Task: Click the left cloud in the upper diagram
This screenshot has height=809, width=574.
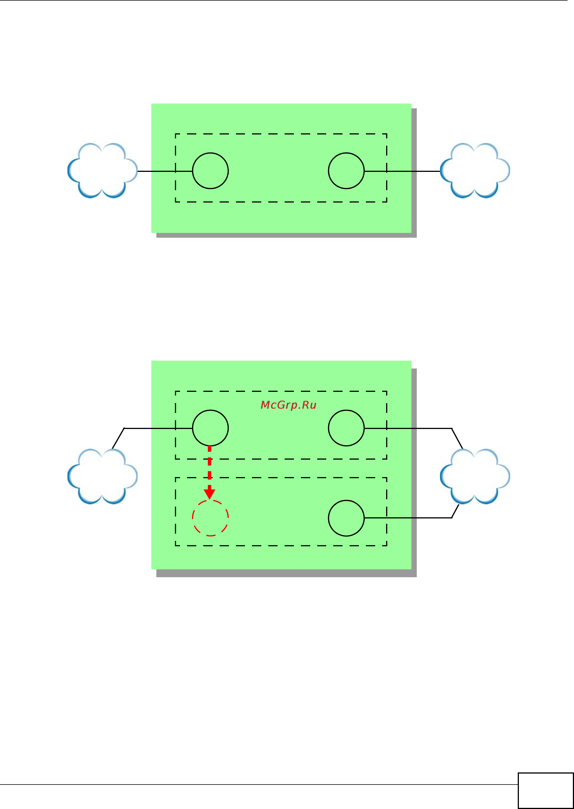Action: [x=102, y=170]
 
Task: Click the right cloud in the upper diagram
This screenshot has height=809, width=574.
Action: [x=475, y=170]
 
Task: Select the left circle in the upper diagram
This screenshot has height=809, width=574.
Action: [x=210, y=171]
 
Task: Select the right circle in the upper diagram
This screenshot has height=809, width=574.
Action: [x=346, y=171]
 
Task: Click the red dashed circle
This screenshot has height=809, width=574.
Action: [x=210, y=518]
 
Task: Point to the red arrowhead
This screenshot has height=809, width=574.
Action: [x=210, y=493]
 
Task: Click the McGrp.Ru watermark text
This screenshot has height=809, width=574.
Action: [x=288, y=405]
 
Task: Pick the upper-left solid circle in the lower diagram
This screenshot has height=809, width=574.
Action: [x=210, y=428]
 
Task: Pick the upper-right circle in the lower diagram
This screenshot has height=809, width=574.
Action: [x=346, y=428]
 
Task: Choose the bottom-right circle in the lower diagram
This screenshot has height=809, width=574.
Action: [x=346, y=518]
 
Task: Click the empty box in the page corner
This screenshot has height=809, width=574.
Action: [x=545, y=791]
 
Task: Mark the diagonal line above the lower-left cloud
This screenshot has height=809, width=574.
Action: [x=118, y=439]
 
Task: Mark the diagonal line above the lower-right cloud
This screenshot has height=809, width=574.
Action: [x=457, y=438]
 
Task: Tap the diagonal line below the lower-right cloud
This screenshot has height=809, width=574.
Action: [x=455, y=511]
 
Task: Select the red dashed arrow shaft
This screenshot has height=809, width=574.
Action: [x=210, y=467]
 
